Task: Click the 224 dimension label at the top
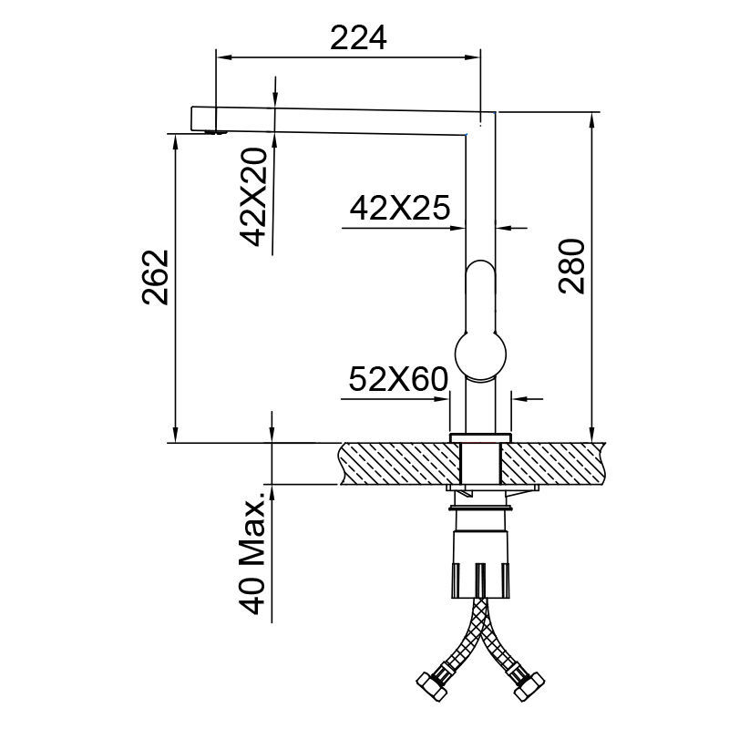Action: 358,37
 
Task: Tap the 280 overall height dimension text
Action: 570,266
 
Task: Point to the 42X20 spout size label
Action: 255,198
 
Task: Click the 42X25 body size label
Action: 399,210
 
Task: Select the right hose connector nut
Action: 529,683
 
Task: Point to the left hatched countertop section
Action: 396,463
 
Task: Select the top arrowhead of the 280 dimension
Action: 593,119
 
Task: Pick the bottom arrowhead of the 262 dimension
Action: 173,436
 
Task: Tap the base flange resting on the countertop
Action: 480,436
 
